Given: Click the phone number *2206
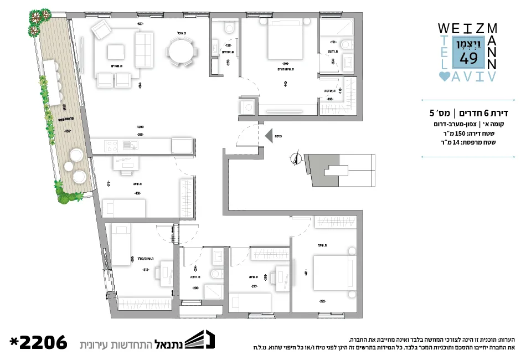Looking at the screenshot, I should tap(38, 342).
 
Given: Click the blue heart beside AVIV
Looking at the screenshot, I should tap(444, 76).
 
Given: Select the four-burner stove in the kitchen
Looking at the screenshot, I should tap(111, 146).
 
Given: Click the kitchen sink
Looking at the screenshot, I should tap(131, 146).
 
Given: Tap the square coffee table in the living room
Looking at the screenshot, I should tap(116, 52).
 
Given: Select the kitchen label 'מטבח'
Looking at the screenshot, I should tap(141, 127).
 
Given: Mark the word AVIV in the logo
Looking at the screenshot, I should tap(475, 76).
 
